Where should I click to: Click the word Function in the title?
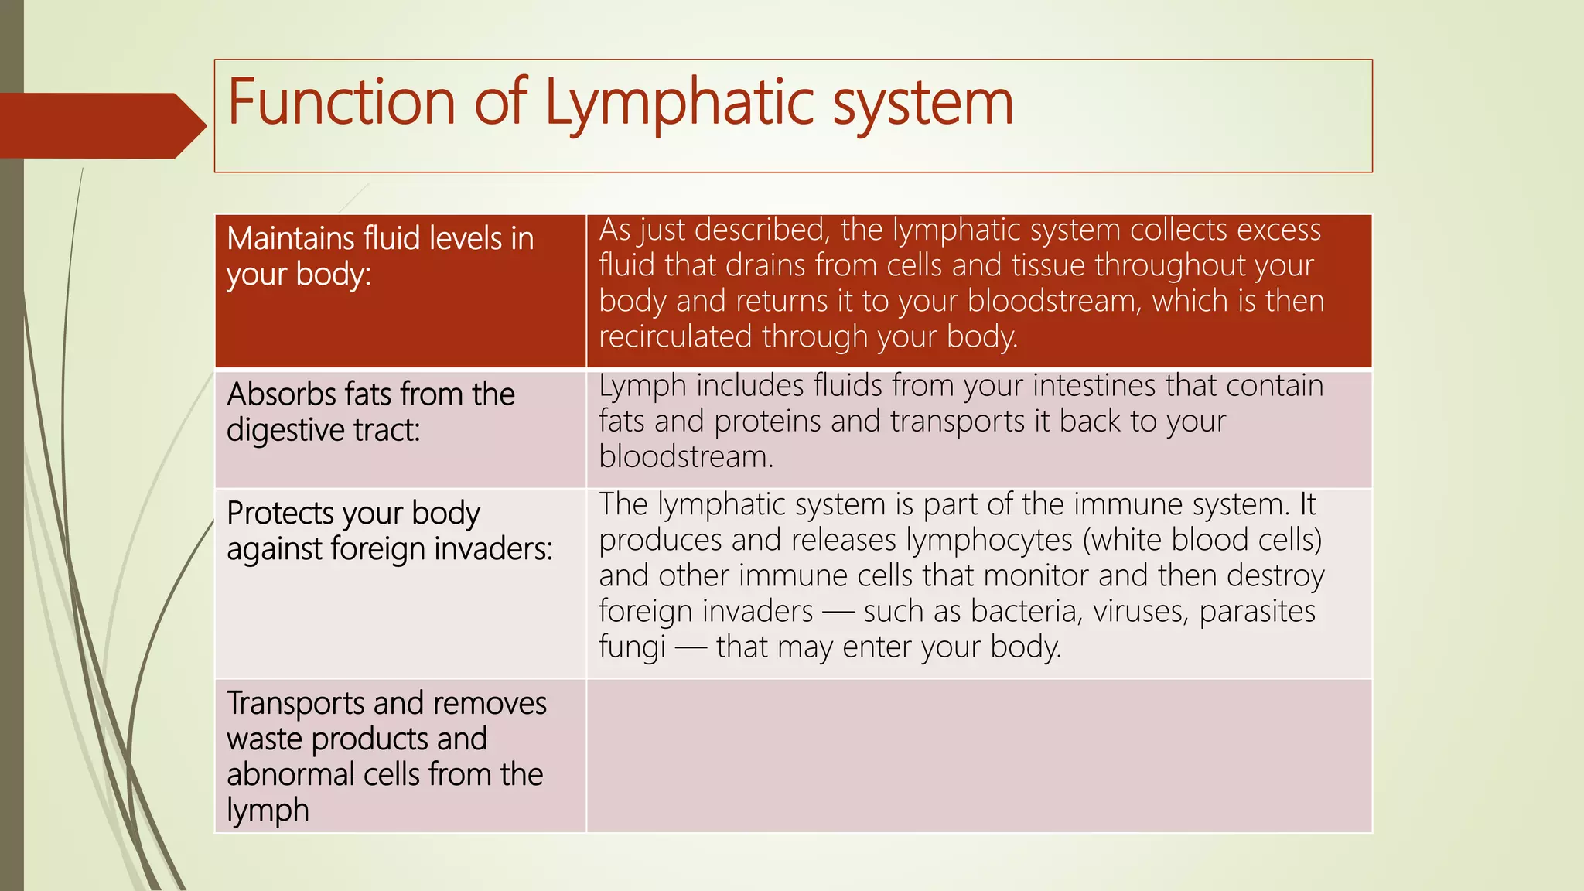pos(341,102)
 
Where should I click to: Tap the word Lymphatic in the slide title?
pos(680,104)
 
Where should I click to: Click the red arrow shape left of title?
pos(101,125)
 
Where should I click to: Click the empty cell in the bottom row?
pos(978,756)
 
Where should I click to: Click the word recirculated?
pos(675,336)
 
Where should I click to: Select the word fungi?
pos(632,647)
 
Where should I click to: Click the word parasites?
pos(1257,612)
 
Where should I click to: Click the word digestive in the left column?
pos(285,431)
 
